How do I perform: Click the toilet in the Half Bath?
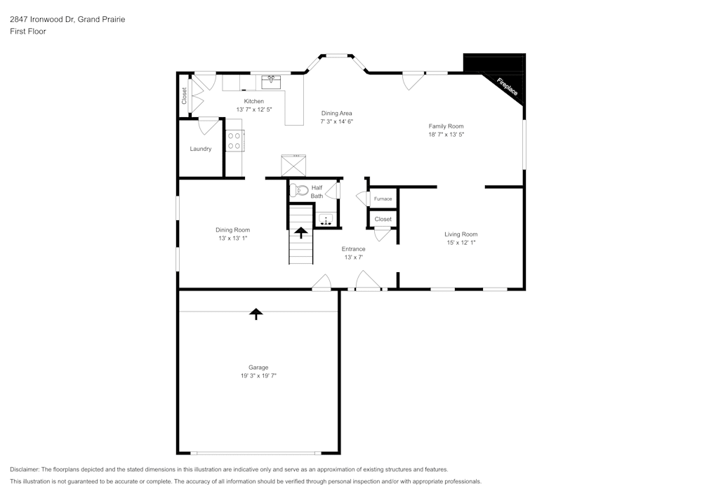click(x=300, y=189)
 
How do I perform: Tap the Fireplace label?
click(x=507, y=87)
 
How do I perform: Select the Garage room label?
click(x=258, y=367)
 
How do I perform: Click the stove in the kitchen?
click(x=234, y=141)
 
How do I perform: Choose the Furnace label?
click(x=383, y=199)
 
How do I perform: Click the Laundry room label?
click(x=201, y=149)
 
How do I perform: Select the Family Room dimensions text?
click(x=446, y=134)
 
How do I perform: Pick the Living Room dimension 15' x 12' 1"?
click(x=461, y=243)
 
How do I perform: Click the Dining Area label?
click(x=337, y=113)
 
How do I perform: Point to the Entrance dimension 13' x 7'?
click(x=353, y=257)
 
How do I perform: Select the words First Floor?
click(x=28, y=32)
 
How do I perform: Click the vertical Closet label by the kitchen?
click(x=185, y=95)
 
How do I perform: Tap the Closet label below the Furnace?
click(x=383, y=220)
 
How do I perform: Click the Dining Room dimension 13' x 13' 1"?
click(x=232, y=239)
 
